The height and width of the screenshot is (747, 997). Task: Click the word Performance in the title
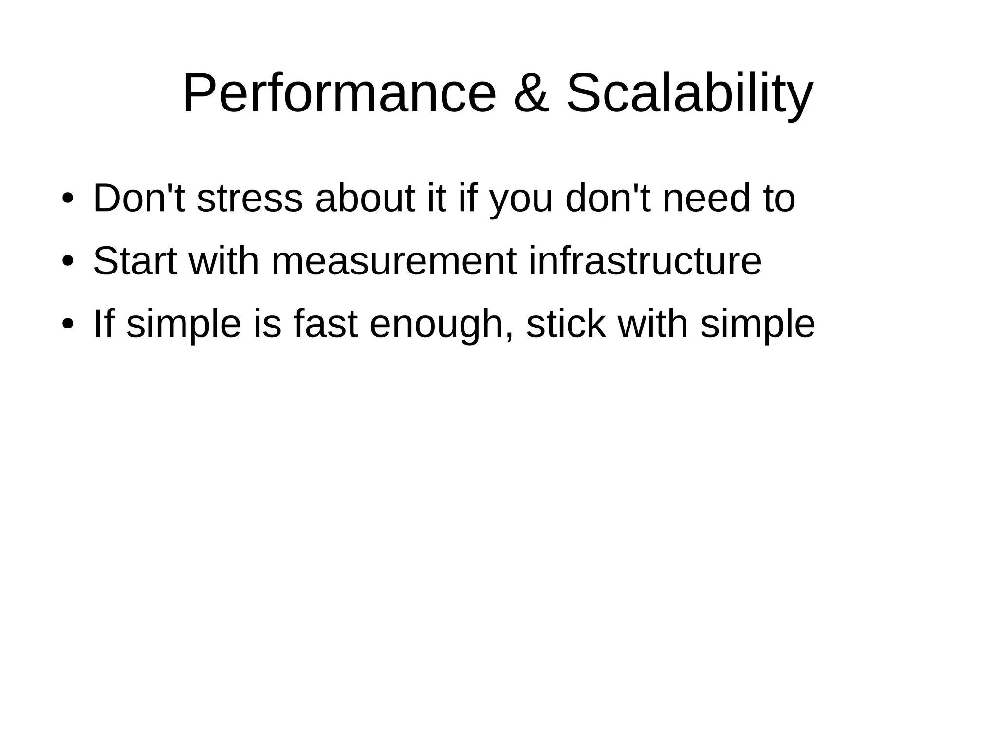339,93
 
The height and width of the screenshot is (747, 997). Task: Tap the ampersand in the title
532,93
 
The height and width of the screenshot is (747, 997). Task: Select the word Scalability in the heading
689,93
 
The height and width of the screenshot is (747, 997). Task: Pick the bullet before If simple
68,325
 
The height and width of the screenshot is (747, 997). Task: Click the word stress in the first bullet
250,199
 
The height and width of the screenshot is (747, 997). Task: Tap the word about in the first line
365,199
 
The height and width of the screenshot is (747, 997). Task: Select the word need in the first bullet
706,199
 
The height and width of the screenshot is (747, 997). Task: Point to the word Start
135,261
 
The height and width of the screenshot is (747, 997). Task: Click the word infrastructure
645,261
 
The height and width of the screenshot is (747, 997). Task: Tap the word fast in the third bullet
326,324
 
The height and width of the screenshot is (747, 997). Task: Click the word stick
566,324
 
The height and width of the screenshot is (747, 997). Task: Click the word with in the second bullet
224,261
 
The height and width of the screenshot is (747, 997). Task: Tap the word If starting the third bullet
103,324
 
